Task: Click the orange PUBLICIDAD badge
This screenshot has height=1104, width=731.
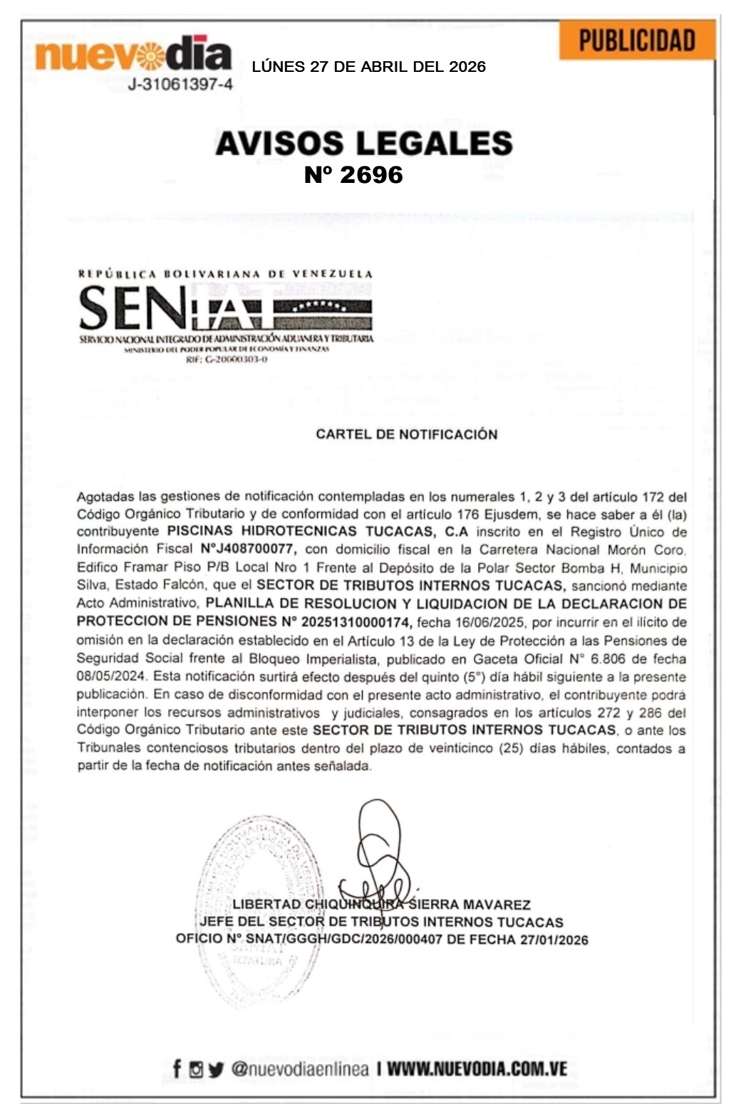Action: tap(636, 40)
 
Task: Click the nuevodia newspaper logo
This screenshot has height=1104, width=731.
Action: tap(133, 55)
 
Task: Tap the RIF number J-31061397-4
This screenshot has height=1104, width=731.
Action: tap(180, 85)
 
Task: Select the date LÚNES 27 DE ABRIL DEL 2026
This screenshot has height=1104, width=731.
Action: tap(368, 67)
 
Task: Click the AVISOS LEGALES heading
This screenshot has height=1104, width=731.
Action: tap(364, 143)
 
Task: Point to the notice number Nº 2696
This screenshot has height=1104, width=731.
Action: tap(353, 175)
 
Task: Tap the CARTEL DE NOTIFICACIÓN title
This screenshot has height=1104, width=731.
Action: tap(406, 434)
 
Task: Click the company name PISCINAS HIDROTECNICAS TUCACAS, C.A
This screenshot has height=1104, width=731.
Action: tap(317, 532)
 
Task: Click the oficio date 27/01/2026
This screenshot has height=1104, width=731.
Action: tap(554, 940)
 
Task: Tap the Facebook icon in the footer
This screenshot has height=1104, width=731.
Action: tap(177, 1068)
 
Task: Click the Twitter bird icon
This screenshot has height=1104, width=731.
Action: tap(216, 1069)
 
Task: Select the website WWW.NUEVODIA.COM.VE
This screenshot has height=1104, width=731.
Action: tap(477, 1068)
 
